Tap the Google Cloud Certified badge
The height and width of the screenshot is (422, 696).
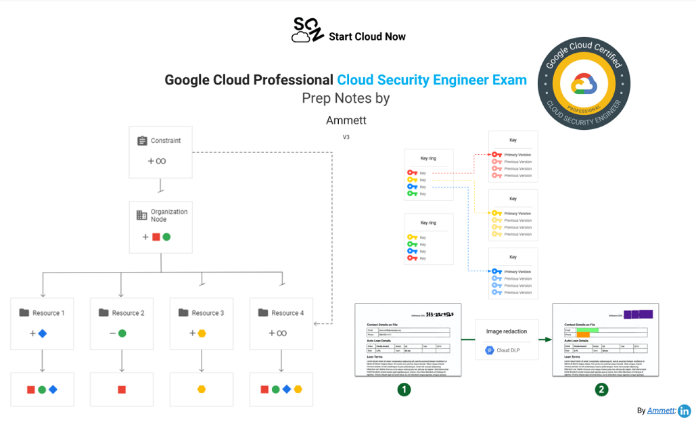pyautogui.click(x=583, y=84)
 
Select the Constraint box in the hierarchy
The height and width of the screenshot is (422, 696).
pyautogui.click(x=160, y=151)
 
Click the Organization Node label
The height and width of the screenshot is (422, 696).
pyautogui.click(x=169, y=215)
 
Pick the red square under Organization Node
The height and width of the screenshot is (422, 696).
pyautogui.click(x=156, y=237)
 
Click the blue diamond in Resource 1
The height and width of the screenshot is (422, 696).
pyautogui.click(x=43, y=333)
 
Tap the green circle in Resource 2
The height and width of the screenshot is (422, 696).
pyautogui.click(x=122, y=333)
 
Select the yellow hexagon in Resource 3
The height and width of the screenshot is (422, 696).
pyautogui.click(x=202, y=333)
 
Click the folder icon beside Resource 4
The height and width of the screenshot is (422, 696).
pyautogui.click(x=263, y=313)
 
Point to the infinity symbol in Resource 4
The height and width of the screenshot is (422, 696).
pyautogui.click(x=281, y=333)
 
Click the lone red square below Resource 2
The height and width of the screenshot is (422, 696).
pyautogui.click(x=122, y=390)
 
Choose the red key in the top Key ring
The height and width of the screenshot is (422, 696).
pyautogui.click(x=412, y=173)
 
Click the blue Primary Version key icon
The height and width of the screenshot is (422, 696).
pyautogui.click(x=497, y=272)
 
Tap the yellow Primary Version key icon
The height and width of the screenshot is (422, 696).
pyautogui.click(x=497, y=214)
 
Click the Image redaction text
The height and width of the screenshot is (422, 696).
pyautogui.click(x=507, y=331)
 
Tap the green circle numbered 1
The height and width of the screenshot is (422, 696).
pyautogui.click(x=404, y=389)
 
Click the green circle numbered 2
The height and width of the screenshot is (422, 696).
pyautogui.click(x=601, y=389)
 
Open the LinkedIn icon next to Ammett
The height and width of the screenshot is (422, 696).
pyautogui.click(x=684, y=411)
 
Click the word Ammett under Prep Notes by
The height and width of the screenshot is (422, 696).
pyautogui.click(x=346, y=120)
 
